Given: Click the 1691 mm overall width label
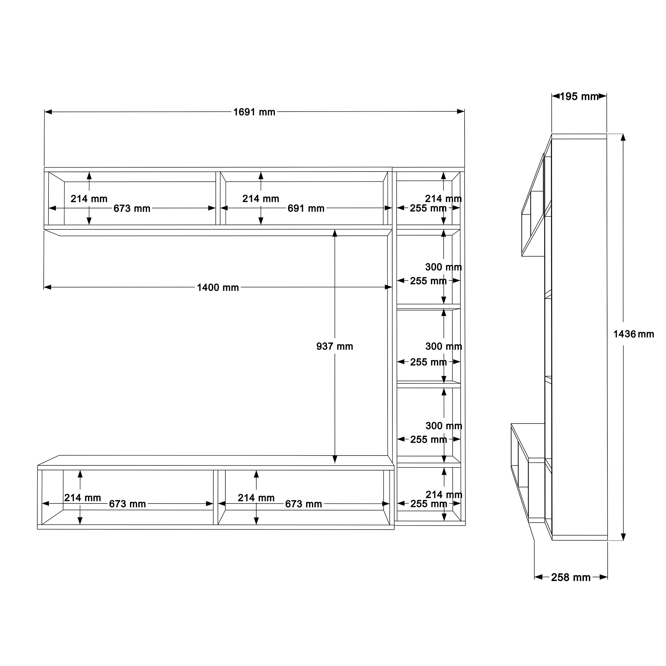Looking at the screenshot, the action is [x=254, y=112].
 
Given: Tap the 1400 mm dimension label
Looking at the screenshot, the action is [x=218, y=287].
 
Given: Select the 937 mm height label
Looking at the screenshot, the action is [x=335, y=346].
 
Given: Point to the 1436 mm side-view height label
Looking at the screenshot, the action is [x=633, y=334].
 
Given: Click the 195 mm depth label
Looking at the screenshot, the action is [x=579, y=96].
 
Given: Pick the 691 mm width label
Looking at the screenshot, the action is [x=306, y=208].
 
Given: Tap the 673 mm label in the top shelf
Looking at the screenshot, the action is [x=132, y=208].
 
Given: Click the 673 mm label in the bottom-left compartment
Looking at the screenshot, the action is [x=128, y=504].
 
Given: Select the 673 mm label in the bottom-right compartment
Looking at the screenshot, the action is [x=304, y=504].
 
